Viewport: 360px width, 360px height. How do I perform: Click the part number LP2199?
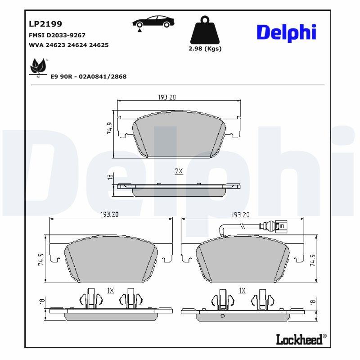[x=45, y=24]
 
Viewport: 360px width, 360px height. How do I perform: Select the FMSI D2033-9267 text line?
[x=57, y=35]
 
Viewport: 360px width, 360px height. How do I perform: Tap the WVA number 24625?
[x=99, y=45]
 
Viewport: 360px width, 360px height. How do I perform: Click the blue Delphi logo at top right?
[x=286, y=32]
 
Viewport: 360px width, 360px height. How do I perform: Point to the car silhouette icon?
[x=153, y=22]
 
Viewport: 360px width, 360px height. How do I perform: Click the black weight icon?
[x=205, y=30]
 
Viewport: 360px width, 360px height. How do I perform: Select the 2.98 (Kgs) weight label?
[x=205, y=49]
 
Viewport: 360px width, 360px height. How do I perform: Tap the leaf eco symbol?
[x=38, y=67]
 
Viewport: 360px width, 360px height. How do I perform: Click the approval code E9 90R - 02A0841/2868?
[x=88, y=76]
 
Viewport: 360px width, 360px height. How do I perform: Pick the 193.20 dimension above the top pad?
[x=166, y=97]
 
